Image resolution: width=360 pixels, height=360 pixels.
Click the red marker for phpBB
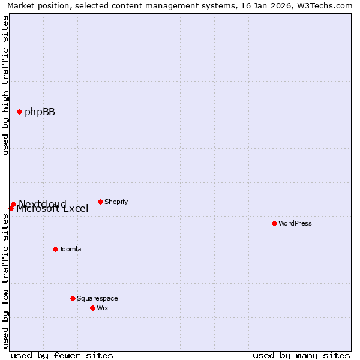pyautogui.click(x=19, y=112)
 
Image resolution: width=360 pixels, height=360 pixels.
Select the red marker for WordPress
pyautogui.click(x=274, y=223)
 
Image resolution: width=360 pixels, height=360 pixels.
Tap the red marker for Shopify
pyautogui.click(x=100, y=202)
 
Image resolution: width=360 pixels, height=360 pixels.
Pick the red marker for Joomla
pyautogui.click(x=55, y=249)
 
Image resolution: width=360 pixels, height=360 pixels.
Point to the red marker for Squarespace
pyautogui.click(x=73, y=298)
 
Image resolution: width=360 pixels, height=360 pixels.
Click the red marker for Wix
pyautogui.click(x=92, y=308)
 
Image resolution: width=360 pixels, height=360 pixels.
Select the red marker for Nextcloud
pyautogui.click(x=13, y=204)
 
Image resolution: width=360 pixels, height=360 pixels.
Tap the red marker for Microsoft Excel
pyautogui.click(x=11, y=208)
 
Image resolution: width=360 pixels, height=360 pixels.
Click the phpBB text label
pyautogui.click(x=40, y=112)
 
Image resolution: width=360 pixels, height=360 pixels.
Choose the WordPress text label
pyautogui.click(x=295, y=223)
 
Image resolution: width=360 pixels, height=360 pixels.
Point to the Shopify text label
pyautogui.click(x=116, y=202)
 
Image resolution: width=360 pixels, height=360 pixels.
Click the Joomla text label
pyautogui.click(x=70, y=249)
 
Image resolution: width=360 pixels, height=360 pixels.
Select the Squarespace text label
pyautogui.click(x=97, y=298)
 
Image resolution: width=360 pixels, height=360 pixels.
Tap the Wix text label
pyautogui.click(x=103, y=308)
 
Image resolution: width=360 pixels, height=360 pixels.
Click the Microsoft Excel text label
pyautogui.click(x=52, y=209)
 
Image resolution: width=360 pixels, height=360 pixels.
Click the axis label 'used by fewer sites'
pyautogui.click(x=62, y=355)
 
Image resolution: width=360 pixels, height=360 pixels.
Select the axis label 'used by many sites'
pyautogui.click(x=301, y=355)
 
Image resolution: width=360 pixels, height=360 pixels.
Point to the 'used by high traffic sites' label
pyautogui.click(x=5, y=85)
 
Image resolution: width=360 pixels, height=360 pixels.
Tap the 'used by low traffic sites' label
pyautogui.click(x=5, y=281)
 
